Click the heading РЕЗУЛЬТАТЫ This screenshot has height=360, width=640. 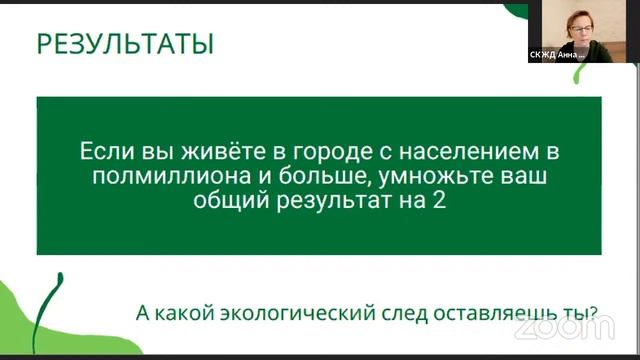(125, 45)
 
